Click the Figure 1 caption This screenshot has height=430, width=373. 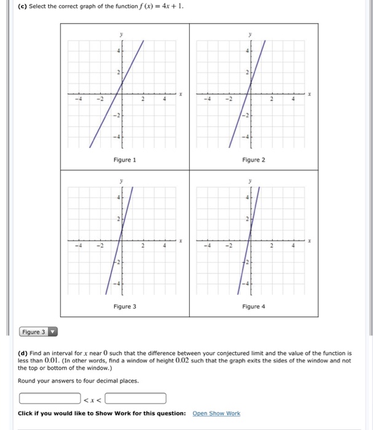[x=125, y=160]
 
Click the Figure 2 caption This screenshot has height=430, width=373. [x=254, y=160]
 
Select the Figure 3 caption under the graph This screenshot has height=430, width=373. [x=125, y=306]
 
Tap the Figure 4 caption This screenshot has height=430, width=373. [x=254, y=306]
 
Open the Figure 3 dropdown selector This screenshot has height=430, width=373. [x=38, y=332]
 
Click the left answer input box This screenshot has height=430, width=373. [x=49, y=398]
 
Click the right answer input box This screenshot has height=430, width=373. [x=135, y=398]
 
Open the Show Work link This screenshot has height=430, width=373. [x=216, y=413]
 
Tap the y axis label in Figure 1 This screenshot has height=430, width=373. [x=121, y=36]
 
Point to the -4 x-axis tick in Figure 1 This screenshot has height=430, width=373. [x=77, y=101]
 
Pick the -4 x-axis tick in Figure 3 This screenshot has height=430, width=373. [x=77, y=246]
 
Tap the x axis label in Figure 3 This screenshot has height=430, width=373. [x=181, y=241]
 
